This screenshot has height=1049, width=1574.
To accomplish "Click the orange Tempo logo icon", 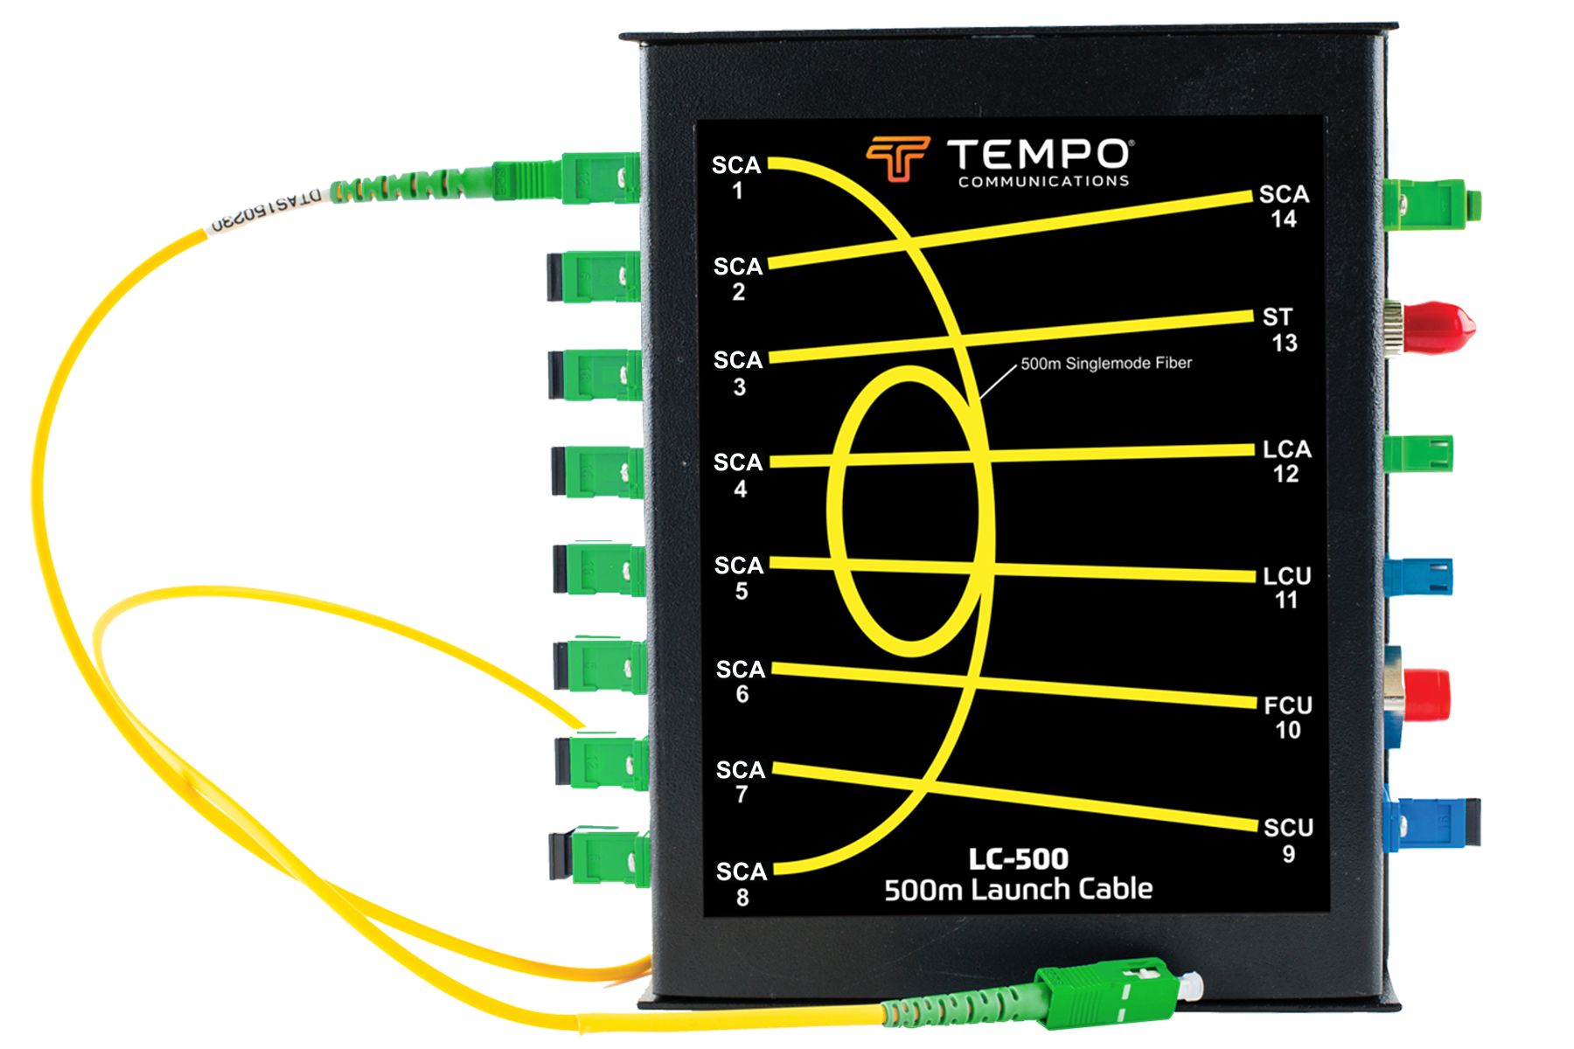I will pyautogui.click(x=897, y=157).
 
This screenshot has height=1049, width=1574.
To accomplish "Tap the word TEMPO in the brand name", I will pyautogui.click(x=1039, y=155).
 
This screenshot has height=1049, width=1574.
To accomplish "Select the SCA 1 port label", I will pyautogui.click(x=736, y=177).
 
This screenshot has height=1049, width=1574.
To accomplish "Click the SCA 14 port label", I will pyautogui.click(x=1284, y=206).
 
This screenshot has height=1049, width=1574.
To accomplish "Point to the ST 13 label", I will pyautogui.click(x=1280, y=330).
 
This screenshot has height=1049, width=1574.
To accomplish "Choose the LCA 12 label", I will pyautogui.click(x=1286, y=461).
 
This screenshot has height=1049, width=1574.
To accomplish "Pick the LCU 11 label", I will pyautogui.click(x=1286, y=587).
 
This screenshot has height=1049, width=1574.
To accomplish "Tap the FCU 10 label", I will pyautogui.click(x=1288, y=717).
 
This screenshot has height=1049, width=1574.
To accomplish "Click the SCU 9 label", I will pyautogui.click(x=1288, y=839).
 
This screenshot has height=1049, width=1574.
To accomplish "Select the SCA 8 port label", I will pyautogui.click(x=742, y=883).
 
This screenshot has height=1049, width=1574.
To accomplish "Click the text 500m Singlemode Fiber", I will pyautogui.click(x=1106, y=363).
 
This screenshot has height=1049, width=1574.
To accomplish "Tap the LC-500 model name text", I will pyautogui.click(x=1018, y=858).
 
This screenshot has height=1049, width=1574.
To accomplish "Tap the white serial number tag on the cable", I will pyautogui.click(x=267, y=210).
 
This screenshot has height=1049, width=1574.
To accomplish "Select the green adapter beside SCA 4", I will pyautogui.click(x=599, y=473).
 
